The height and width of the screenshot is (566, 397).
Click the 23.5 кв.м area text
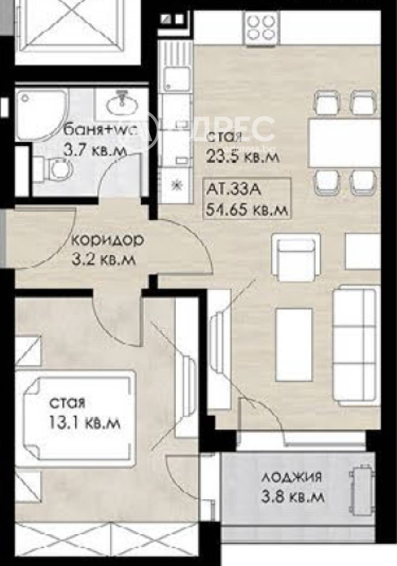click(x=243, y=156)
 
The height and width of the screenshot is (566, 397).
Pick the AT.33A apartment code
click(x=233, y=190)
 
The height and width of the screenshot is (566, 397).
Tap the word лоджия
click(x=291, y=476)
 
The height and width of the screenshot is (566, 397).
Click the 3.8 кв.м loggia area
click(x=293, y=496)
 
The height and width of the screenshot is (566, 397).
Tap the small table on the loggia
click(x=362, y=486)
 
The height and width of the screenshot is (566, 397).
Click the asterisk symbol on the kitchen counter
click(x=177, y=185)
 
